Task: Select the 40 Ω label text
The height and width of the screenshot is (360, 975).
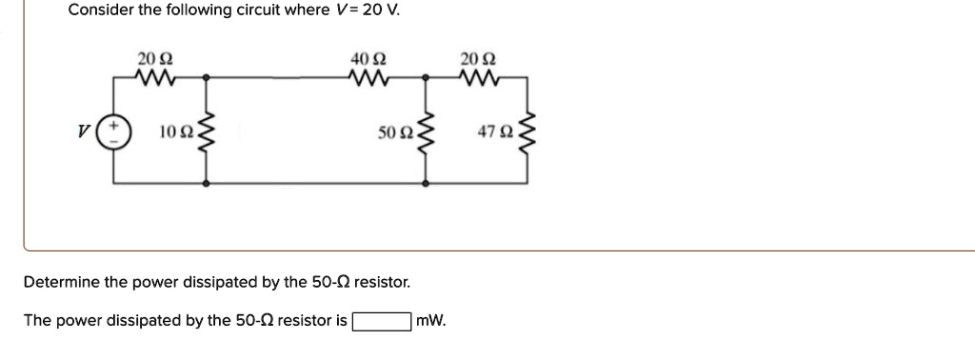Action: pyautogui.click(x=366, y=59)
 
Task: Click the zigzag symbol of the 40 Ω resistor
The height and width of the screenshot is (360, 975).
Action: pyautogui.click(x=366, y=75)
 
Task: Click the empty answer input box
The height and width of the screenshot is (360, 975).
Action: pyautogui.click(x=382, y=321)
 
